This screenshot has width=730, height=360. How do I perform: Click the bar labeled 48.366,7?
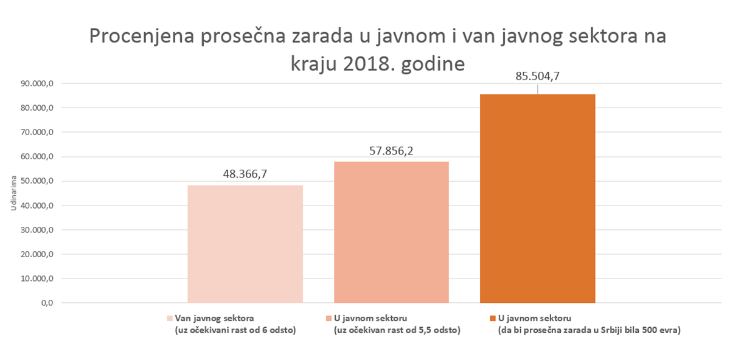245,243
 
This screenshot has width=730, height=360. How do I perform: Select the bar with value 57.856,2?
391,232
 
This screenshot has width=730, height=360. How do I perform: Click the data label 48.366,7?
245,174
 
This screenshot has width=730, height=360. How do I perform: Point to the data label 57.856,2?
391,150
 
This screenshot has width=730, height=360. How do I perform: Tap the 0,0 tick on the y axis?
48,303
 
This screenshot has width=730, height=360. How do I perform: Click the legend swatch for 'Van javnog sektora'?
170,318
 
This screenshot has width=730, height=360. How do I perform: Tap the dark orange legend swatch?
492,318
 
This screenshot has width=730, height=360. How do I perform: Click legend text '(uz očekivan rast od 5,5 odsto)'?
397,330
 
